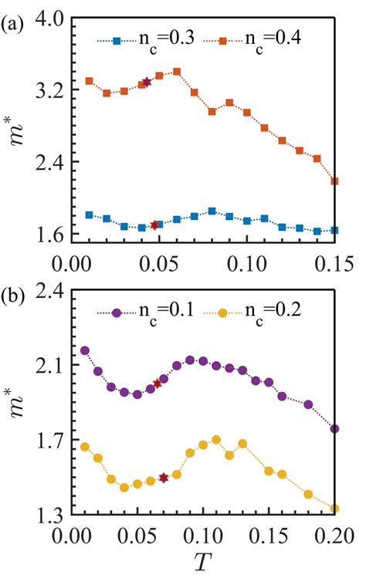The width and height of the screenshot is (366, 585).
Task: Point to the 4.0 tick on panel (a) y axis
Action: (46, 19)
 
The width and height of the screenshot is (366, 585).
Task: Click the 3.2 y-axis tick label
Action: (46, 90)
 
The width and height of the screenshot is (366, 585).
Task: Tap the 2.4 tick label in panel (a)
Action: (46, 161)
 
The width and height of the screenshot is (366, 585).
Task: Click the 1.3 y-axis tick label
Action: (46, 513)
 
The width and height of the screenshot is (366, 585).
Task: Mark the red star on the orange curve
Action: (147, 83)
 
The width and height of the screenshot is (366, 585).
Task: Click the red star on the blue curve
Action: (154, 225)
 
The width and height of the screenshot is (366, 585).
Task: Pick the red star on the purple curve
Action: (157, 384)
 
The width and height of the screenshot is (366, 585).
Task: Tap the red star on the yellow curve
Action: (164, 478)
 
